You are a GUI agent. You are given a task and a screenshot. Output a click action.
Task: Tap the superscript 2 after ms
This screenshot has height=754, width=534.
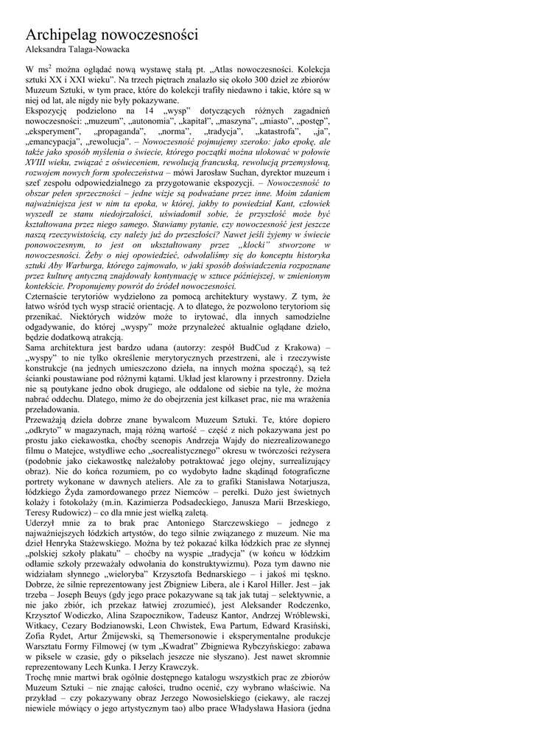pos(49,66)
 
